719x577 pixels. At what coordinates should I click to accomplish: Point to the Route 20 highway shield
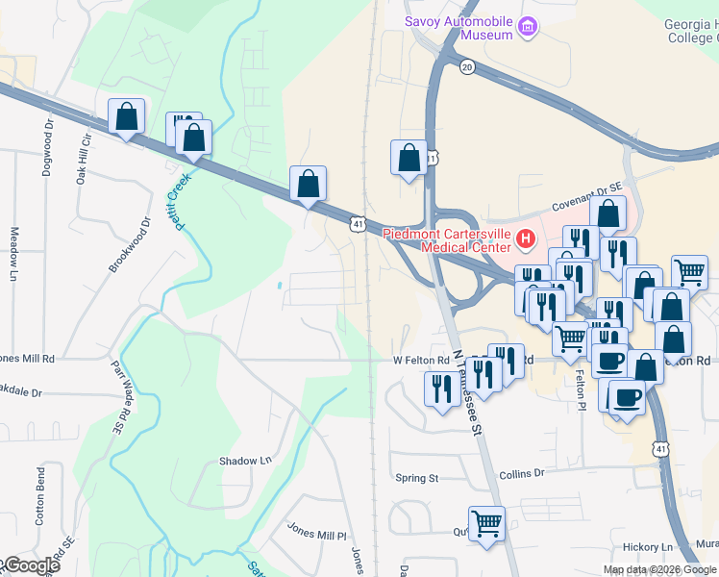467,66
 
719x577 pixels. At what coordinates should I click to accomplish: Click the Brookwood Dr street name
130,244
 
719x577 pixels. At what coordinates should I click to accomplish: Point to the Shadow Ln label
245,461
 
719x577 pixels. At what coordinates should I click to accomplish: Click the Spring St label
417,477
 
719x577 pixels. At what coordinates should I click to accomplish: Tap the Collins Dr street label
522,473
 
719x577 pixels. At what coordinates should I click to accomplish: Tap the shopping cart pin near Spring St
486,524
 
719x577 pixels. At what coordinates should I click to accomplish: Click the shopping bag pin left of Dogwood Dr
126,116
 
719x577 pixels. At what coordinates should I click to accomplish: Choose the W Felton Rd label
421,361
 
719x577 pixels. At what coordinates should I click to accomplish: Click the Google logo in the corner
31,565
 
